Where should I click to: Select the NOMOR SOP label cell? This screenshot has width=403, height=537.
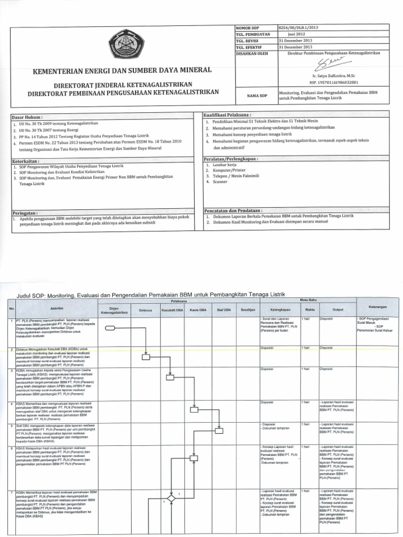[x=249, y=28]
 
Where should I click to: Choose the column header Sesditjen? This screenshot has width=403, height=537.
[x=247, y=310]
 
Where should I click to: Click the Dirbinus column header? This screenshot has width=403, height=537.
[x=145, y=310]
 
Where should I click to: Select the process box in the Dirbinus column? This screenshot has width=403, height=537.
[x=146, y=357]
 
